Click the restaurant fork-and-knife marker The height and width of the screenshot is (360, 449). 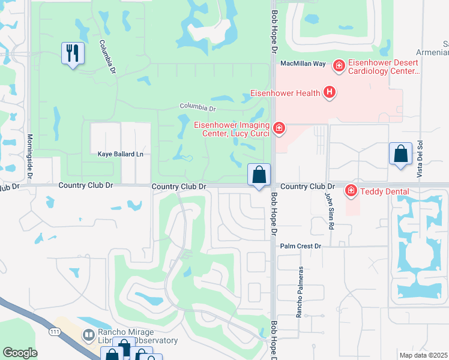point(72,53)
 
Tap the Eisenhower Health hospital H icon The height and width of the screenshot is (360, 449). point(329,92)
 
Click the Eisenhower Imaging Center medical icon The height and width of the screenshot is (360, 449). point(278,128)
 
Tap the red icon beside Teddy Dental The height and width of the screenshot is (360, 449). point(351,191)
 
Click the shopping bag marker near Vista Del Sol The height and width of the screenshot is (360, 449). point(400,154)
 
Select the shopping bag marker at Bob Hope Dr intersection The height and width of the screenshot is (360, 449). point(259,175)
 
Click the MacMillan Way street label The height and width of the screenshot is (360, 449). point(303,63)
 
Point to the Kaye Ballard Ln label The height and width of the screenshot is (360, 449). point(121,154)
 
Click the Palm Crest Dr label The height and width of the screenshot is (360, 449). point(301,246)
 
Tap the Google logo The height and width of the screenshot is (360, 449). point(20,353)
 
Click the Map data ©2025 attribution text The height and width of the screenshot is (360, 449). point(423,355)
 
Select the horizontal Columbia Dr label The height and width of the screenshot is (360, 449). point(197,107)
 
